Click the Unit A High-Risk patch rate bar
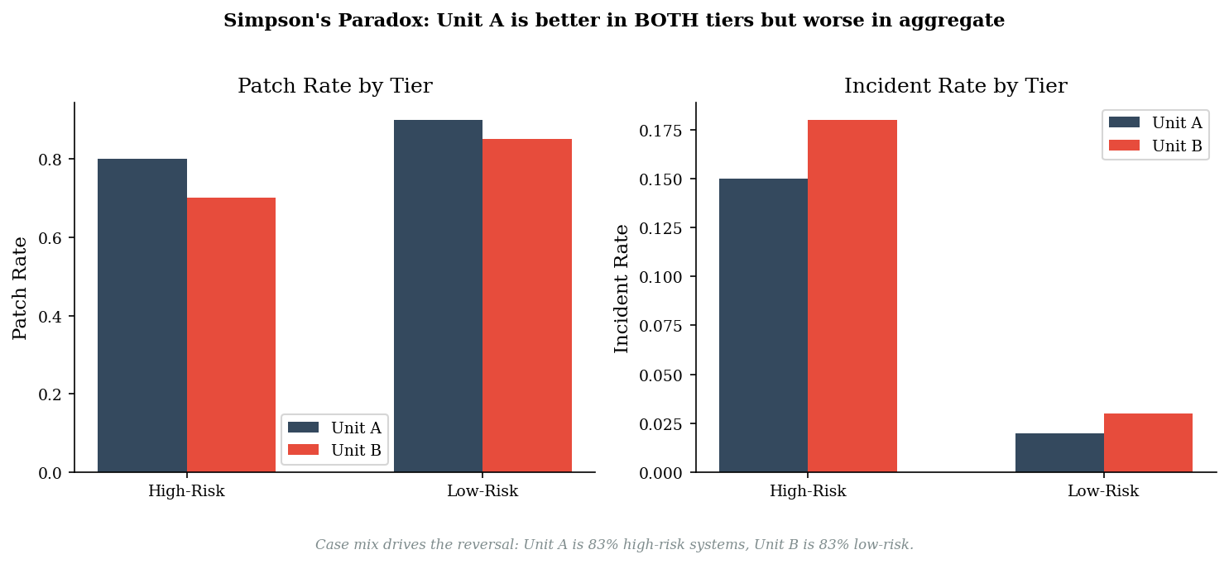click(142, 315)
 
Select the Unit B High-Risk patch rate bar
click(231, 335)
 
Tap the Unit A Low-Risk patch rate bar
click(439, 296)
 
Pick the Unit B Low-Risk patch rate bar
click(527, 305)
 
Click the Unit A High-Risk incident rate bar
click(763, 325)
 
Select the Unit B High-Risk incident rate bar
click(852, 296)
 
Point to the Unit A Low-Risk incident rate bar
click(1059, 452)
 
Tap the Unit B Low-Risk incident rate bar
click(1149, 443)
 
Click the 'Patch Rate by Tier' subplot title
click(334, 86)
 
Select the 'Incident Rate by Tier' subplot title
click(956, 86)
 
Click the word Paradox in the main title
click(384, 21)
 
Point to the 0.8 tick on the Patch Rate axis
click(50, 160)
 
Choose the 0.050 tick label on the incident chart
click(660, 375)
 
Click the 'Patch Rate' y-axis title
click(20, 289)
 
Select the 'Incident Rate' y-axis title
click(621, 289)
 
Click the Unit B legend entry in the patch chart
click(334, 450)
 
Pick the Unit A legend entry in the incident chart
click(1155, 122)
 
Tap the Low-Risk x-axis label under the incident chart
click(1103, 491)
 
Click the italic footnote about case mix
click(614, 545)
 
